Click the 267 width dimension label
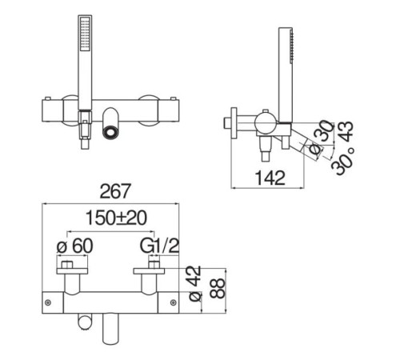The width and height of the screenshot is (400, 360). pos(115,191)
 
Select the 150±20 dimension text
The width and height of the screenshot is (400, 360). pos(116,218)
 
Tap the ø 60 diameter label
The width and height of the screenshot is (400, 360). pos(75,246)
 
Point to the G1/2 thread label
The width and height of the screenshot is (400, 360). pos(159,246)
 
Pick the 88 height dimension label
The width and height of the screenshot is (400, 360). pos(218,288)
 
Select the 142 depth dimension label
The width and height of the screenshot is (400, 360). pos(270,178)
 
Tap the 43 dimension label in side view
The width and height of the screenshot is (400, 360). pos(346,131)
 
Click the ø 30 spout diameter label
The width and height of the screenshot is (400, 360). pos(321,138)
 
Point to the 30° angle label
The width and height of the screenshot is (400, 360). pos(343,162)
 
